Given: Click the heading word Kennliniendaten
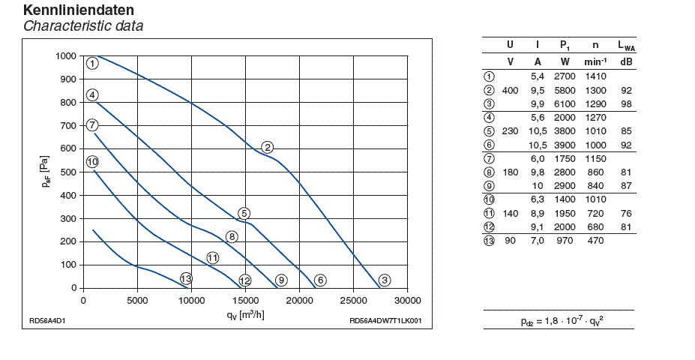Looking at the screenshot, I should pyautogui.click(x=79, y=10).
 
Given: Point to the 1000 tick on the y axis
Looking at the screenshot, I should pyautogui.click(x=66, y=56).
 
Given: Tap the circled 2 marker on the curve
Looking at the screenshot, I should pyautogui.click(x=267, y=146).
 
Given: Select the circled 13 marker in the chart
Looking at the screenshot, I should pyautogui.click(x=186, y=278).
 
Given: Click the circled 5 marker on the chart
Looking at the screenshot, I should pyautogui.click(x=244, y=214).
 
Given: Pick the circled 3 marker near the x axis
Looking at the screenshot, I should pyautogui.click(x=385, y=280).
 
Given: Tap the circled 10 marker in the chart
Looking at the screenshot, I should pyautogui.click(x=92, y=161).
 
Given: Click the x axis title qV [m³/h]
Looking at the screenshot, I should pyautogui.click(x=245, y=315).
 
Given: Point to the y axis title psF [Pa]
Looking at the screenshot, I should pyautogui.click(x=46, y=172).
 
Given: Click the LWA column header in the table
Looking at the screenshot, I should pyautogui.click(x=626, y=46).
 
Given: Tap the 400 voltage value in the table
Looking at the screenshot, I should pyautogui.click(x=511, y=90).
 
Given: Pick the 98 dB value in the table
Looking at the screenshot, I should pyautogui.click(x=626, y=103).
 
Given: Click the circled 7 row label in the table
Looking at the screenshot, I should pyautogui.click(x=489, y=158).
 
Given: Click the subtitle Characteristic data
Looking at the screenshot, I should pyautogui.click(x=82, y=26).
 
